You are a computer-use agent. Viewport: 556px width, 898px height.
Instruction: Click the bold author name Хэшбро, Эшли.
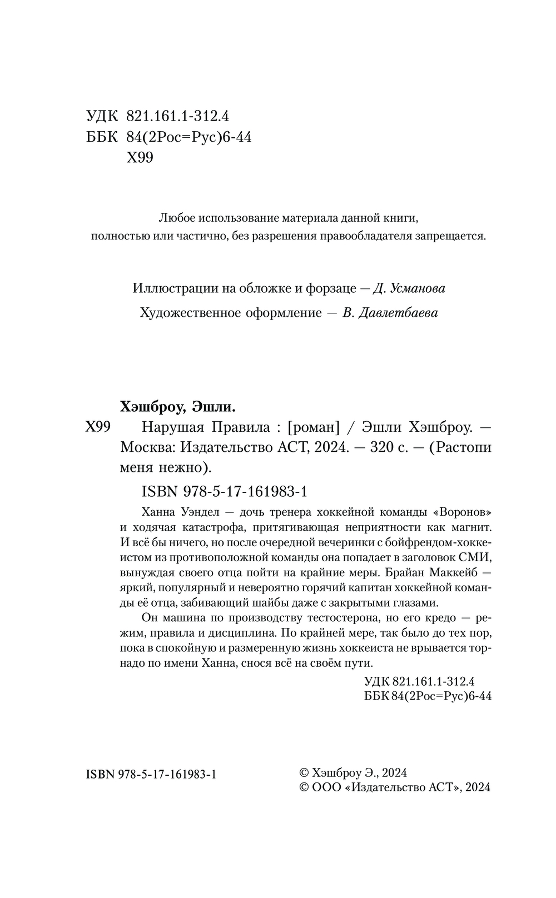click(178, 407)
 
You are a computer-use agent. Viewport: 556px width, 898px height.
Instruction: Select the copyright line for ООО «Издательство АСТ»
click(395, 787)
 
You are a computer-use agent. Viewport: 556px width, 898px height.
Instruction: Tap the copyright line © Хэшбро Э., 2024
click(354, 772)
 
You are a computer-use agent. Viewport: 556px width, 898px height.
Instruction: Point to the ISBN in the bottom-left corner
click(152, 774)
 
